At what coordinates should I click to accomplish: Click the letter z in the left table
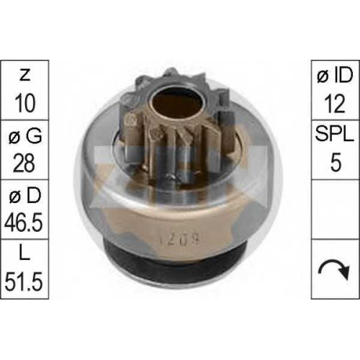pyautogui.click(x=24, y=76)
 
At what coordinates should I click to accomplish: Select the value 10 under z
pyautogui.click(x=24, y=103)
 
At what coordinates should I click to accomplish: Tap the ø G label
pyautogui.click(x=25, y=135)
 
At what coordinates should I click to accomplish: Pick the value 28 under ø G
pyautogui.click(x=24, y=163)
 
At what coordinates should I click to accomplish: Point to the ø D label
pyautogui.click(x=25, y=195)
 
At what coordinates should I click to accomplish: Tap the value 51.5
pyautogui.click(x=24, y=282)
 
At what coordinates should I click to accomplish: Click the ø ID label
pyautogui.click(x=336, y=76)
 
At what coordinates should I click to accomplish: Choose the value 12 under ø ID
pyautogui.click(x=335, y=104)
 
